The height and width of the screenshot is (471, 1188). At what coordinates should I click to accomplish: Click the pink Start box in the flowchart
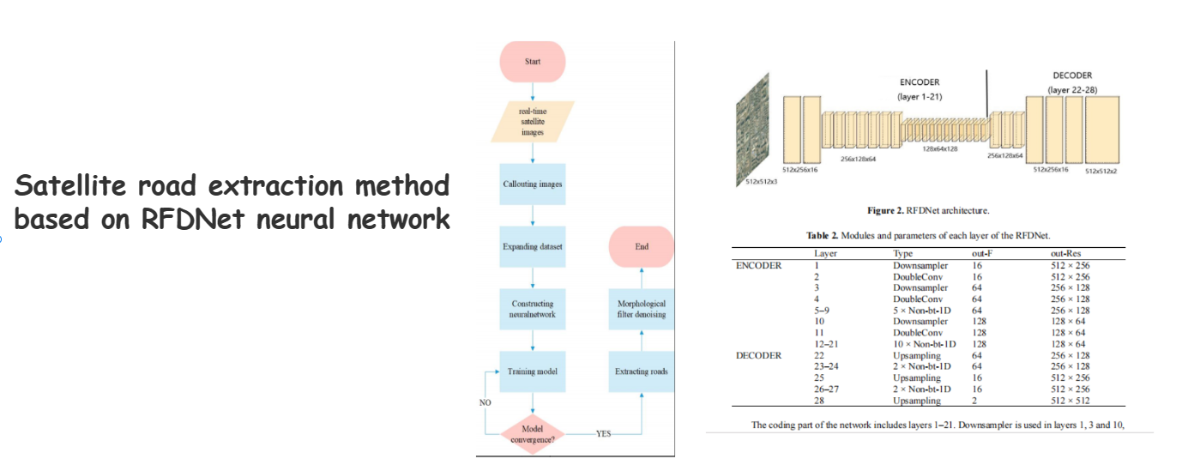(x=533, y=62)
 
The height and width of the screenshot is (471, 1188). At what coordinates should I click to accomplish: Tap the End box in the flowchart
(x=642, y=246)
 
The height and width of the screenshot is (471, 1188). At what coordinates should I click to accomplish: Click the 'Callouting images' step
(x=533, y=184)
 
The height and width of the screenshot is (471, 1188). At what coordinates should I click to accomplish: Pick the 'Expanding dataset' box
(x=533, y=246)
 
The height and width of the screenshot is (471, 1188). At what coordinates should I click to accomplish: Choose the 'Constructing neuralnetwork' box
(x=533, y=309)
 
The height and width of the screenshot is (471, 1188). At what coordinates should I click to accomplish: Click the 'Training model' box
(x=533, y=371)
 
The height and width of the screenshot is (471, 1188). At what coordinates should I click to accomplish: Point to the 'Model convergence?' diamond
(x=533, y=433)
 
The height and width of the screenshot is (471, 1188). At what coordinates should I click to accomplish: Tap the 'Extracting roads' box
(x=642, y=371)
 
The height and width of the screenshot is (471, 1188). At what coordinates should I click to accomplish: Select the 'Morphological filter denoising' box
(x=642, y=309)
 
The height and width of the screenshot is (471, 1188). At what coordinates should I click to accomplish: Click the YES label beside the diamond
(x=604, y=434)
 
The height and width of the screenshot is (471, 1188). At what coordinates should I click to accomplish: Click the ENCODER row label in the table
(x=759, y=265)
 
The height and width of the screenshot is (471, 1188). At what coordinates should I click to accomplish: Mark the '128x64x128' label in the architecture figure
(x=941, y=148)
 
